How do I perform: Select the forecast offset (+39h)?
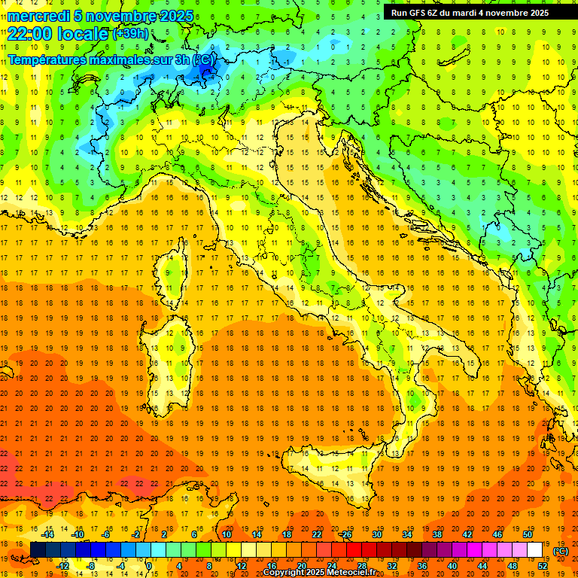(x=130, y=34)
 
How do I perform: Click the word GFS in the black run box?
(x=419, y=13)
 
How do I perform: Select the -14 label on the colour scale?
(x=49, y=534)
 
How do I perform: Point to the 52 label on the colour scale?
(x=543, y=565)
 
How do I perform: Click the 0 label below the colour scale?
(x=150, y=565)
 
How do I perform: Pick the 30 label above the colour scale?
(x=376, y=534)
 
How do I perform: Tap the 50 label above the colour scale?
(x=528, y=534)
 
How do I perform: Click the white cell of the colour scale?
(x=534, y=549)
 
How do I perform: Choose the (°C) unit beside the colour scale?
(x=561, y=550)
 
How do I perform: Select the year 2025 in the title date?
(x=174, y=16)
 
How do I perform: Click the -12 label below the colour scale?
(x=63, y=565)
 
